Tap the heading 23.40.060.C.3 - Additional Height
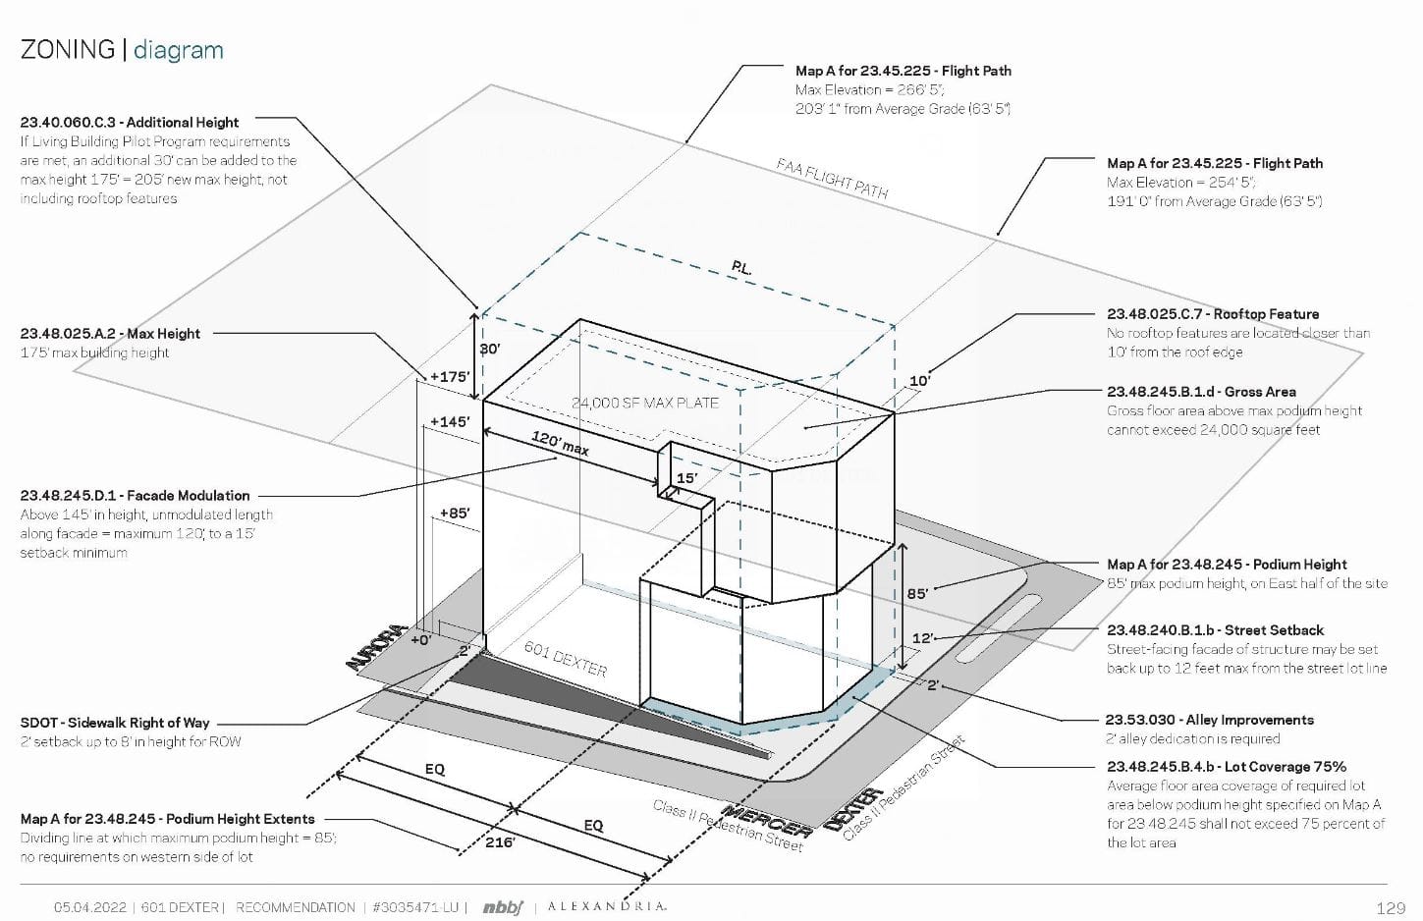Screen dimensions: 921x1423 click(130, 123)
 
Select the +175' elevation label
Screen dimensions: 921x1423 click(450, 376)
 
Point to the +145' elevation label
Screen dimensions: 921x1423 click(450, 422)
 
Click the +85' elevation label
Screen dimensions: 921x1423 click(454, 513)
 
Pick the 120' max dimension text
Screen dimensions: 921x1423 click(561, 443)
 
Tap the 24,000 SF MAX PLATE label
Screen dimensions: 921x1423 click(645, 403)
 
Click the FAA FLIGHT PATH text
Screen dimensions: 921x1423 click(832, 179)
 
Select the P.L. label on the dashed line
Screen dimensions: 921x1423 click(742, 267)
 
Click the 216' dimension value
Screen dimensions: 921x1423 click(500, 842)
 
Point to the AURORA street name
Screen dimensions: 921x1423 click(376, 648)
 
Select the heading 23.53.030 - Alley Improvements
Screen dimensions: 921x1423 click(1209, 720)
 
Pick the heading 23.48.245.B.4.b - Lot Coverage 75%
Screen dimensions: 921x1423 click(1227, 767)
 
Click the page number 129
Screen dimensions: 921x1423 click(1391, 908)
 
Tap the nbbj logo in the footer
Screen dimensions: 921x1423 click(503, 907)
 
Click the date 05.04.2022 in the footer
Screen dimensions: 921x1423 click(90, 907)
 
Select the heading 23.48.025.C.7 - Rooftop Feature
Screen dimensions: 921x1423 click(1213, 314)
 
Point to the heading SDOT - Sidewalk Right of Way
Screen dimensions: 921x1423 click(115, 723)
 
